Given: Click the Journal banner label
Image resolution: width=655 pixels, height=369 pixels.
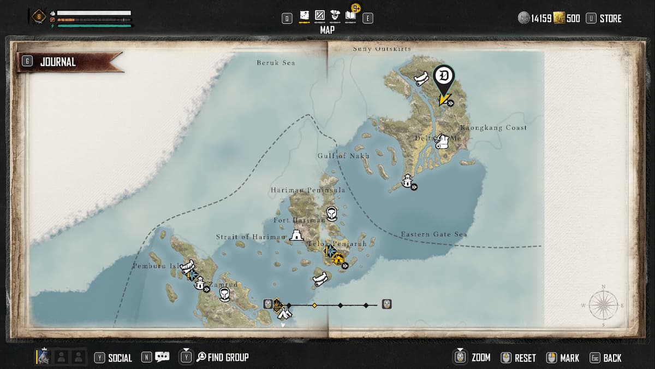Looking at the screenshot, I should [57, 62].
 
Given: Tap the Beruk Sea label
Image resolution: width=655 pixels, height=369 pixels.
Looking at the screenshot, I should [276, 63].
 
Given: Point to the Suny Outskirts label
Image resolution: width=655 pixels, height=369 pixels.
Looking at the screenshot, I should [382, 49].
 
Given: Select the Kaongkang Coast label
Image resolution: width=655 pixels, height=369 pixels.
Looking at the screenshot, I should [493, 128].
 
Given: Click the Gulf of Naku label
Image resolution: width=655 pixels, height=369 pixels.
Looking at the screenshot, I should [340, 156].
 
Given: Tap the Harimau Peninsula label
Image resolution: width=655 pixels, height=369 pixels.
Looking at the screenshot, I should [308, 190].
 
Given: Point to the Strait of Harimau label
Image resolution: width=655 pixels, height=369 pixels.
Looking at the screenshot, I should [251, 237].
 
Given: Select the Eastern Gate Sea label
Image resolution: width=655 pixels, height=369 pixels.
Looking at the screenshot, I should [434, 235].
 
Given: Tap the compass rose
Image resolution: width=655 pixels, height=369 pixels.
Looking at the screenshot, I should [603, 305].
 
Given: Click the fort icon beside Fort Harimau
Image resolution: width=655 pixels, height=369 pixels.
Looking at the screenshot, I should [296, 236].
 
